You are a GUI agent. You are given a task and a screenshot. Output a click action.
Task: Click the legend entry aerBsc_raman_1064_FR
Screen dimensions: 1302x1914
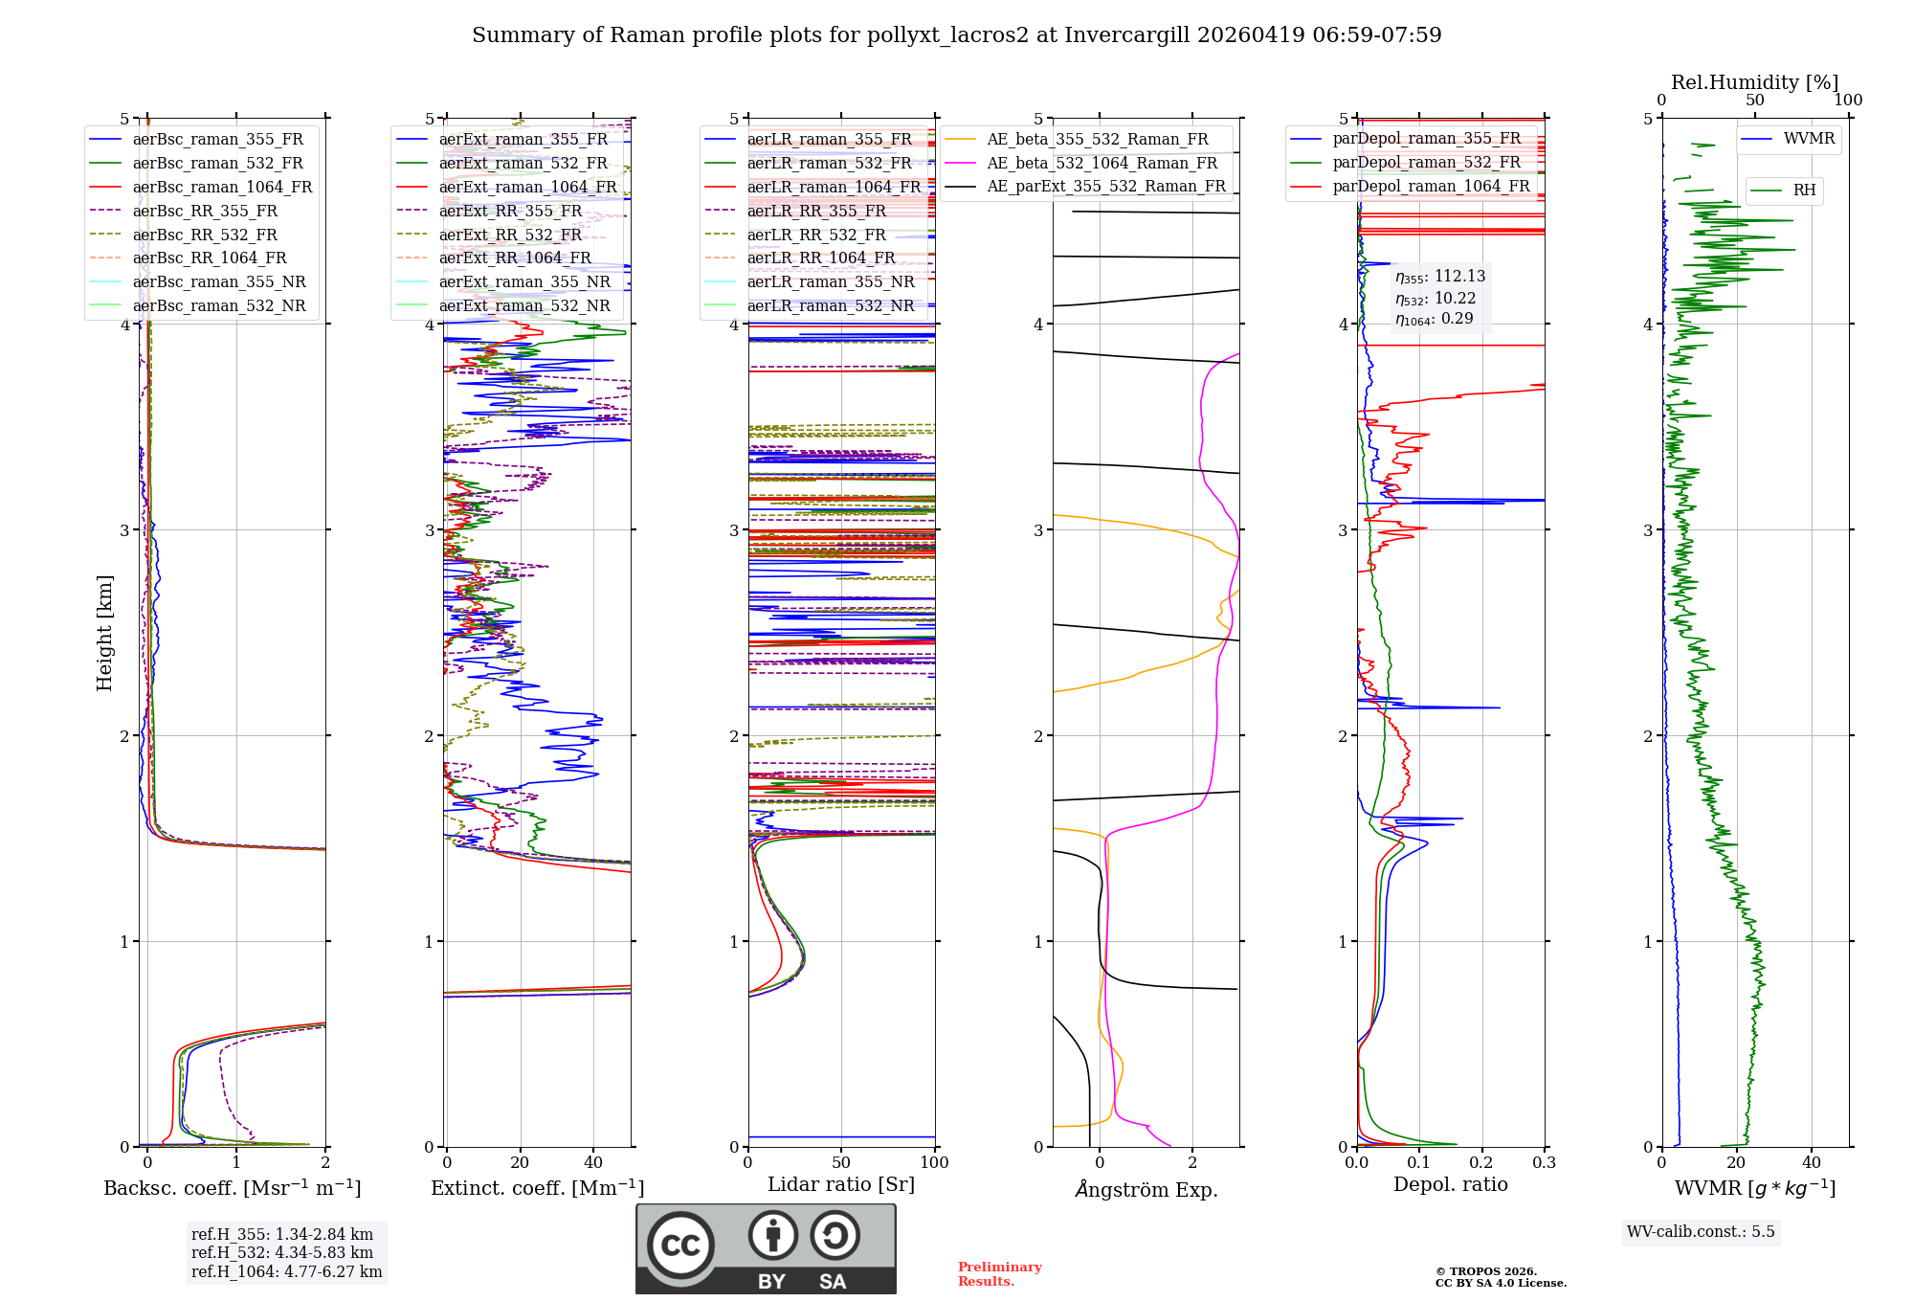tap(222, 187)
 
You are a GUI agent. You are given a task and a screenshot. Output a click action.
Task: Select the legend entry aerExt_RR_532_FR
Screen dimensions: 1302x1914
tap(510, 235)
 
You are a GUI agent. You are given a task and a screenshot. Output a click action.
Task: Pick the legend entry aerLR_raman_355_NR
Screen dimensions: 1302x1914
tap(831, 281)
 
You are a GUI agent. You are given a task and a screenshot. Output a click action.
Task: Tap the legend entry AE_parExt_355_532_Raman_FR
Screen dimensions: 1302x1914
tap(1105, 186)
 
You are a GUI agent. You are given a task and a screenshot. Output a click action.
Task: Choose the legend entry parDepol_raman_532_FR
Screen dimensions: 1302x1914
tap(1426, 163)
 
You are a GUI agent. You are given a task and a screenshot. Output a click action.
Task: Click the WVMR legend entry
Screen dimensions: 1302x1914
tap(1809, 139)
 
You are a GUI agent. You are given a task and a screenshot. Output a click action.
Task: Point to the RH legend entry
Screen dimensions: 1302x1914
tap(1804, 191)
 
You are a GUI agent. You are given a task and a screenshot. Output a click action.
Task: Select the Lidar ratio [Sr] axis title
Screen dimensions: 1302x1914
tap(841, 1184)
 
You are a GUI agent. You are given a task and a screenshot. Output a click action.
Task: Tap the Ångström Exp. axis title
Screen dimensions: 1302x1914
tap(1146, 1189)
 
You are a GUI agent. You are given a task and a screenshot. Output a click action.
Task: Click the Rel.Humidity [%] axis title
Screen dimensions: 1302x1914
tap(1754, 82)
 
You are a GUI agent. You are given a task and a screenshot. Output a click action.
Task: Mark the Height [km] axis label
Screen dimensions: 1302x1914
tap(104, 633)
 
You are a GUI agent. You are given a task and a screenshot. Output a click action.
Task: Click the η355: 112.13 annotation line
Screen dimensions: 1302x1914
tap(1440, 277)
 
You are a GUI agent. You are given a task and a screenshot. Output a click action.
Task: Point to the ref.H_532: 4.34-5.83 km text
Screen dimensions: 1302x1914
tap(282, 1252)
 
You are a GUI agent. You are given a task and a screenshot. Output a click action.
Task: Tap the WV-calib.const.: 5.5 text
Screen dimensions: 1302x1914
tap(1701, 1231)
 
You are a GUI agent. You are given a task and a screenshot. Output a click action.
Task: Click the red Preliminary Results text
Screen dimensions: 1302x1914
tap(999, 1274)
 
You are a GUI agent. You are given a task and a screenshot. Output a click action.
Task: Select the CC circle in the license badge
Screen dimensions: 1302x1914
tap(680, 1246)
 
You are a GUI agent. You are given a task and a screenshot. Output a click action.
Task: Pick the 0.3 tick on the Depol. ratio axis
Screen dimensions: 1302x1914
tap(1544, 1162)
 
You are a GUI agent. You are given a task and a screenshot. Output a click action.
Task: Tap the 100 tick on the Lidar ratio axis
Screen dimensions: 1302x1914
tap(934, 1162)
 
